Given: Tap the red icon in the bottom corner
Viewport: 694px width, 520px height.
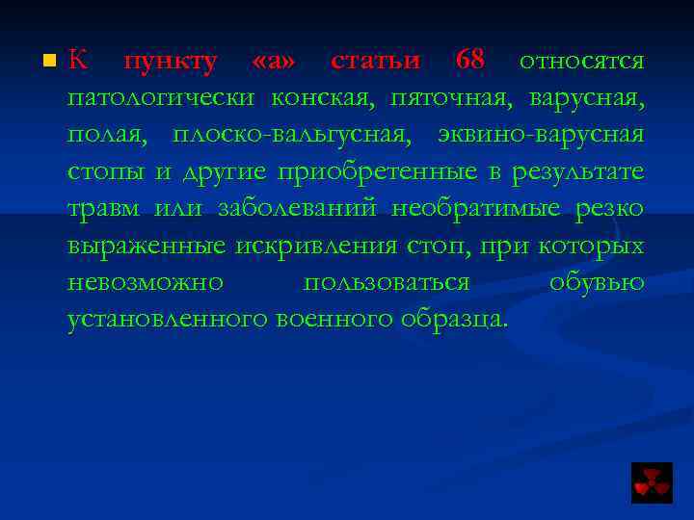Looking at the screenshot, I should pyautogui.click(x=652, y=482).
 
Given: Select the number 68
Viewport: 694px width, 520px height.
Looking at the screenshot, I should pyautogui.click(x=470, y=61).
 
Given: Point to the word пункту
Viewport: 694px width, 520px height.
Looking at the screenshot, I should pyautogui.click(x=171, y=62).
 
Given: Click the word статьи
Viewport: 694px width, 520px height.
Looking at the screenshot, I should pyautogui.click(x=375, y=61).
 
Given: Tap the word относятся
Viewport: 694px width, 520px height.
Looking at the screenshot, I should pyautogui.click(x=581, y=61).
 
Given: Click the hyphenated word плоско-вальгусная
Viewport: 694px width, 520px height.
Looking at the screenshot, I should pyautogui.click(x=292, y=135).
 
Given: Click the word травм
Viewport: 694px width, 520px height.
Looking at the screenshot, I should pyautogui.click(x=103, y=209).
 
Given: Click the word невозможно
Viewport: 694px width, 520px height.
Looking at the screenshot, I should pyautogui.click(x=146, y=282).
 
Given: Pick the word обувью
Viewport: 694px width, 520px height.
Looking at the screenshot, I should pyautogui.click(x=596, y=282).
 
